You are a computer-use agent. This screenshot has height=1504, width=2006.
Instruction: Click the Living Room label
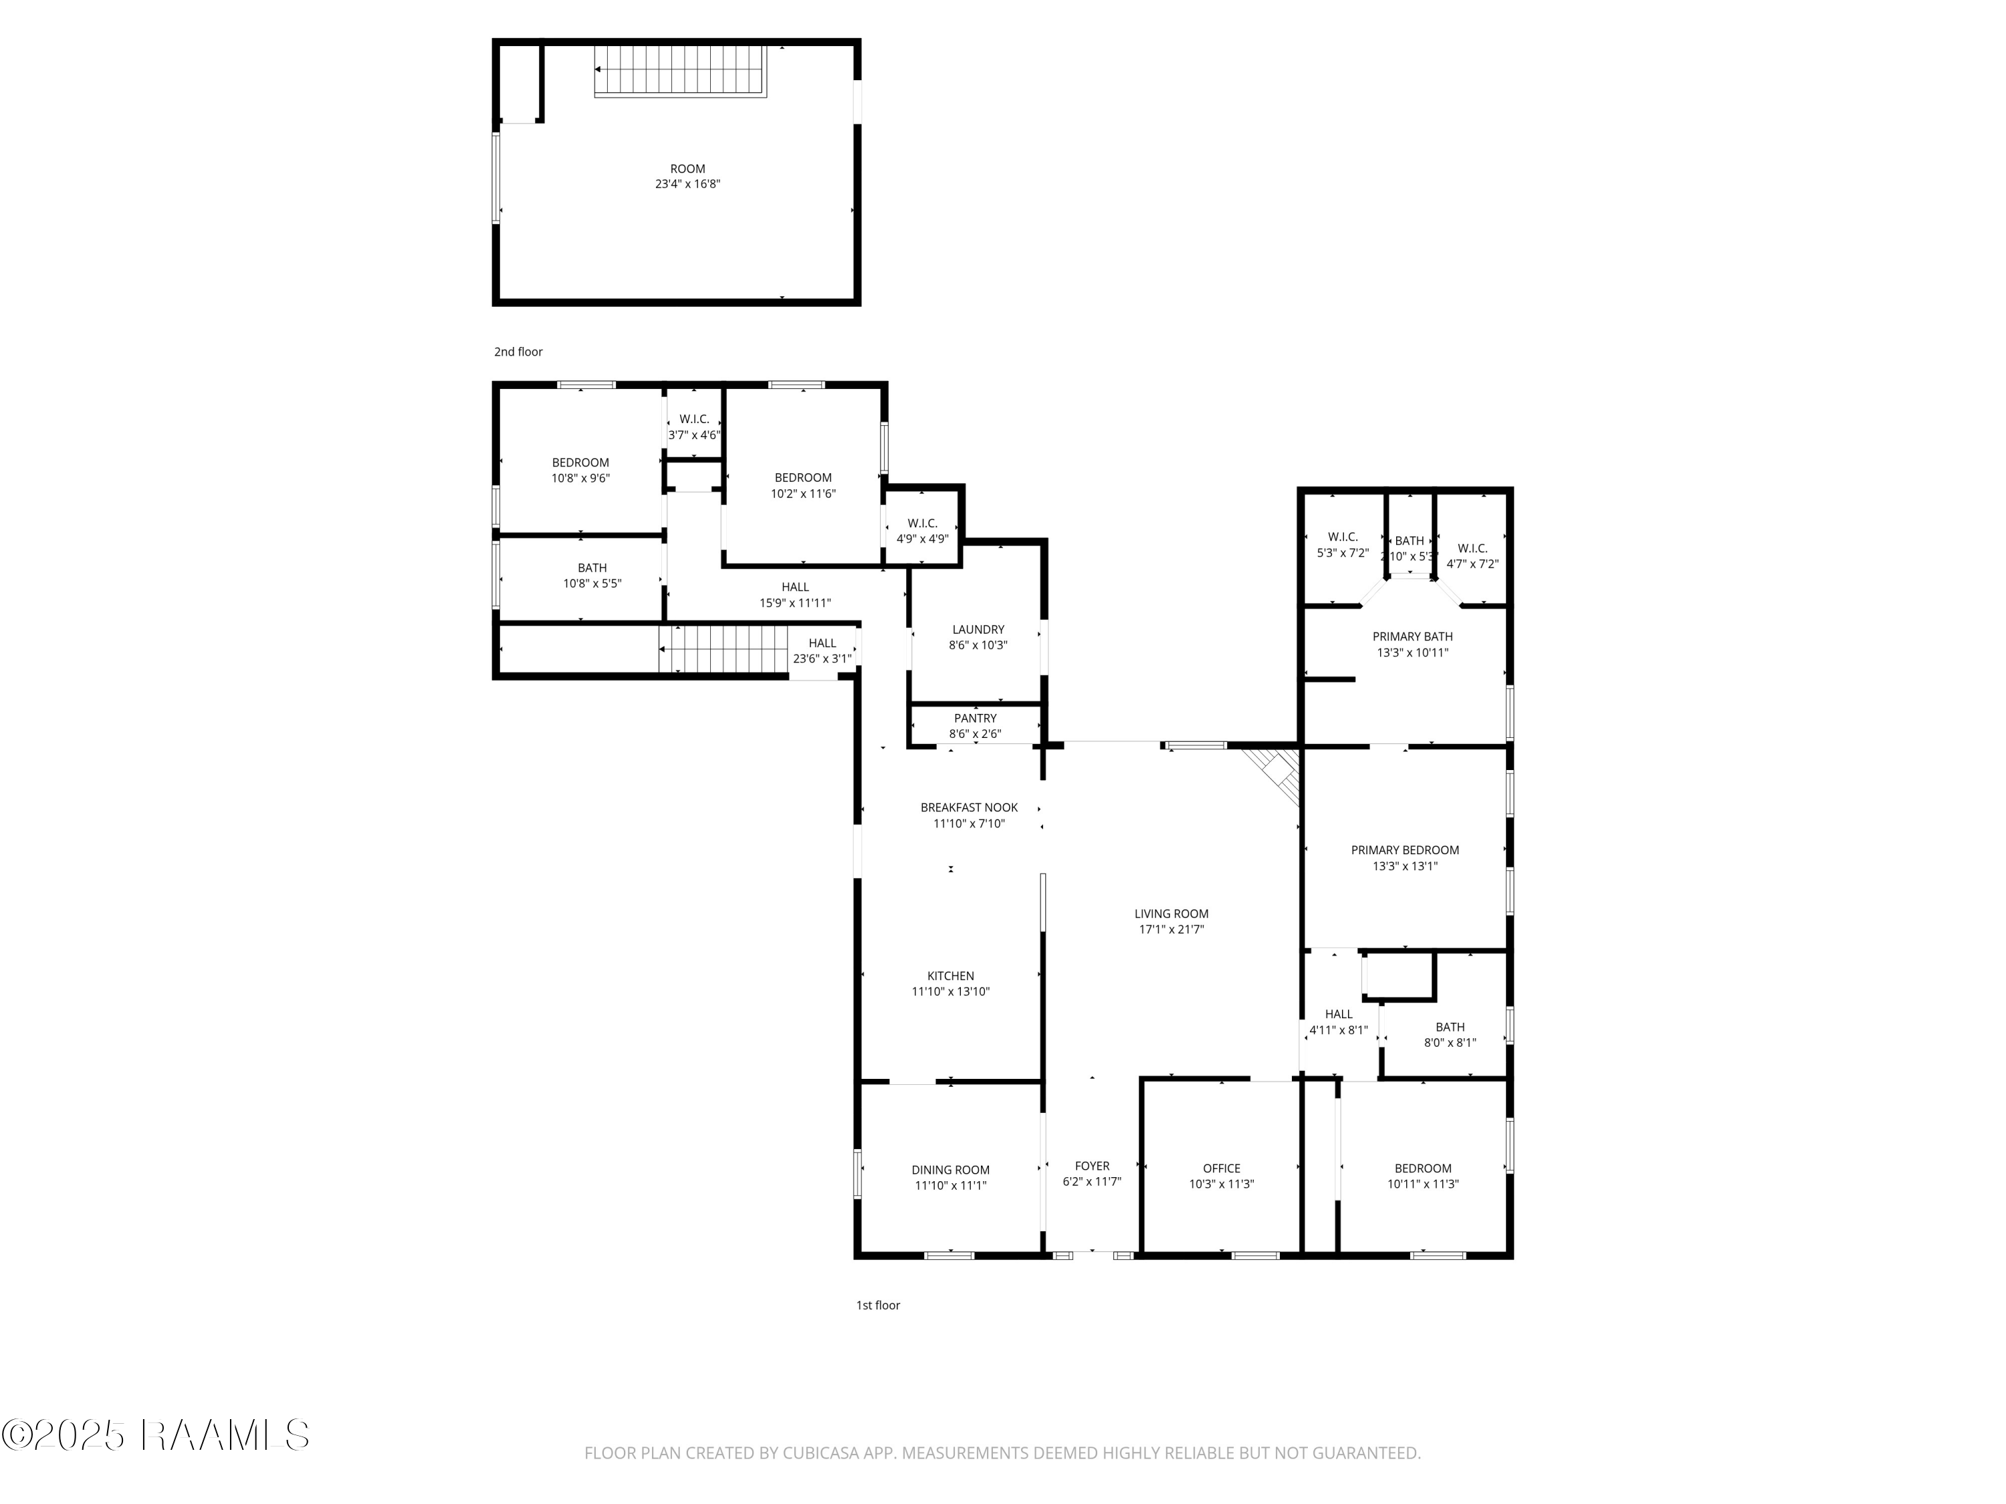click(x=1171, y=914)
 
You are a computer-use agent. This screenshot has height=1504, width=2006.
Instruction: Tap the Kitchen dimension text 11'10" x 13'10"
click(x=950, y=992)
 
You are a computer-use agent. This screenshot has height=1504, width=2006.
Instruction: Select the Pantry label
click(x=975, y=718)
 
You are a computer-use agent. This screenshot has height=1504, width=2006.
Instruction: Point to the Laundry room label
click(x=978, y=629)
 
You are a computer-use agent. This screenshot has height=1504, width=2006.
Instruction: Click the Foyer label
click(x=1092, y=1166)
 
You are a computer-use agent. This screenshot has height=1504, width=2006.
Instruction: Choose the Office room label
click(x=1222, y=1168)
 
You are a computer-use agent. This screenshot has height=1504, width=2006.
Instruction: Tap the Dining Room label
click(x=950, y=1170)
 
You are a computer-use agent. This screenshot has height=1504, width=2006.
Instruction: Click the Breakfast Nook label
click(x=968, y=807)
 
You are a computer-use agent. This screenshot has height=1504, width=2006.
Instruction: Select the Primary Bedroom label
click(x=1405, y=850)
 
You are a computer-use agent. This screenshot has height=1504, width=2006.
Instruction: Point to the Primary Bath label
click(x=1412, y=636)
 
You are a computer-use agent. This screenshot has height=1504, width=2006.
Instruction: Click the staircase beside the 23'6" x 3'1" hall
click(x=723, y=649)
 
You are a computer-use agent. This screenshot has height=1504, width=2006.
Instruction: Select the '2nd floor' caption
click(x=518, y=352)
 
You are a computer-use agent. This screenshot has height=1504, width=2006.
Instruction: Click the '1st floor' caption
click(x=878, y=1305)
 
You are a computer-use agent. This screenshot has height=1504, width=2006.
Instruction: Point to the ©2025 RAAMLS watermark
click(x=156, y=1435)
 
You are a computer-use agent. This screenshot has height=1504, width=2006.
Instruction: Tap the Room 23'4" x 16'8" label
click(x=687, y=176)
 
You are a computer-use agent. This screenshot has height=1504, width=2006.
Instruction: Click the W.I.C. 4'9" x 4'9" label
click(x=922, y=530)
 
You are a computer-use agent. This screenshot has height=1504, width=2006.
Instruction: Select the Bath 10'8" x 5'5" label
click(x=592, y=576)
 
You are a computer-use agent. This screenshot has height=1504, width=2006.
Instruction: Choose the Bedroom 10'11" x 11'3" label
click(x=1423, y=1176)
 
